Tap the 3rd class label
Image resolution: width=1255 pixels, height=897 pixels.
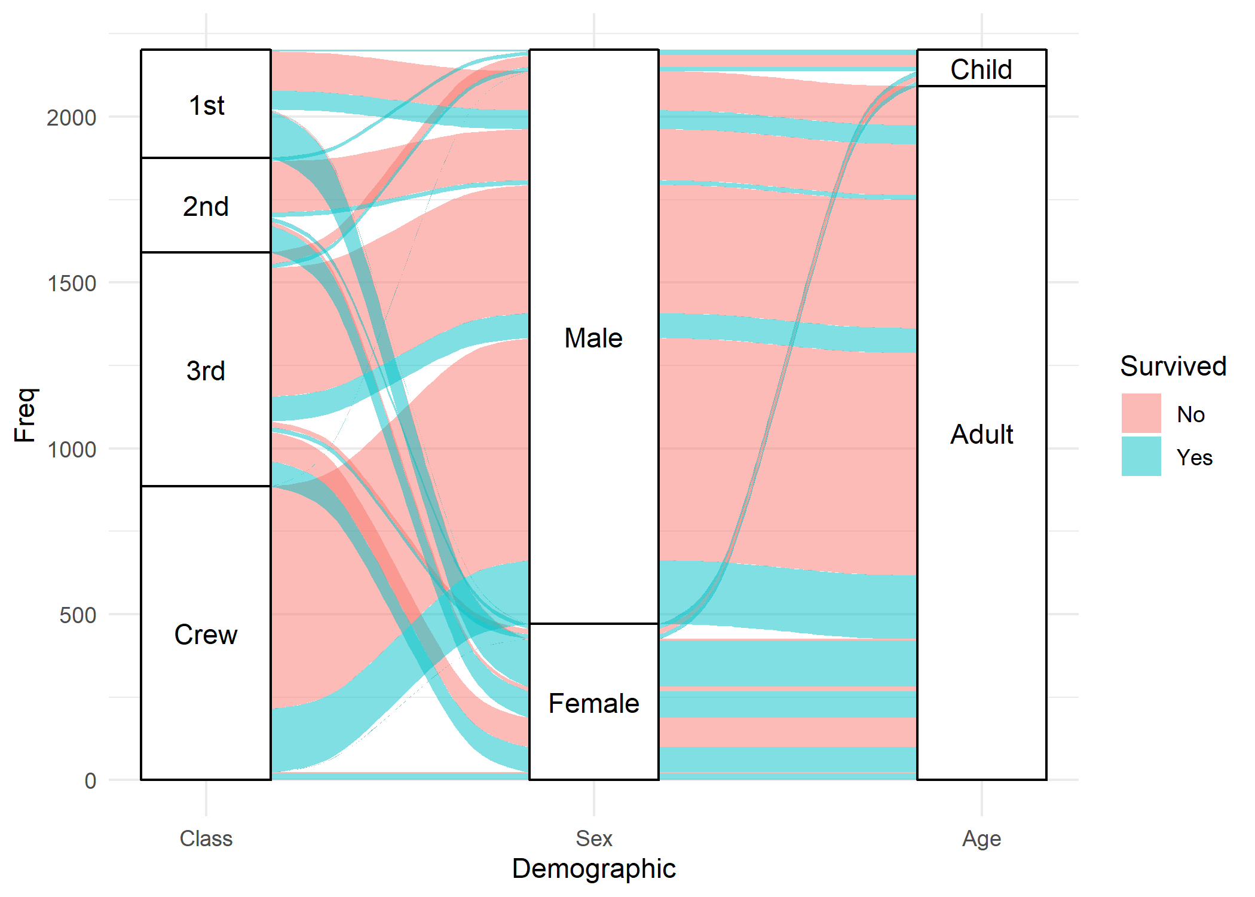(206, 371)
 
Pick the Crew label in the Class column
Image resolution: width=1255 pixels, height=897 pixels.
(206, 634)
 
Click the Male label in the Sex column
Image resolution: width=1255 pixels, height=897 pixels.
(593, 338)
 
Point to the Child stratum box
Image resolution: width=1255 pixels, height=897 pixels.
(981, 69)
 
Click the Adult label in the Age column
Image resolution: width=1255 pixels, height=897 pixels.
(981, 434)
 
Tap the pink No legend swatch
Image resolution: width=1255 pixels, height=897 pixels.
(1141, 413)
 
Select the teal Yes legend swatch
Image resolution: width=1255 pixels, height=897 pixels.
(1141, 456)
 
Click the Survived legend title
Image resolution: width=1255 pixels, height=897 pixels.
(1173, 366)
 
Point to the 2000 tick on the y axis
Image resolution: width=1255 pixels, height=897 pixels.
(72, 118)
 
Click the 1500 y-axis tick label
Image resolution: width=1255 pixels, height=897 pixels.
(72, 283)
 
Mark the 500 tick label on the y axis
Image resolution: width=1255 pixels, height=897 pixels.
(78, 615)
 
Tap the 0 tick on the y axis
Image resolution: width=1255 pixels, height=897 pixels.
(90, 781)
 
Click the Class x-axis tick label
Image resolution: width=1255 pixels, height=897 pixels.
(206, 838)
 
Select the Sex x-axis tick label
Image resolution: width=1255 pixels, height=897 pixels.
(593, 838)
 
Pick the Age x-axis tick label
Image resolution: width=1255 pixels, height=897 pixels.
(981, 838)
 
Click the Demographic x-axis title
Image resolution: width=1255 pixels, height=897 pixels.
(593, 869)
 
